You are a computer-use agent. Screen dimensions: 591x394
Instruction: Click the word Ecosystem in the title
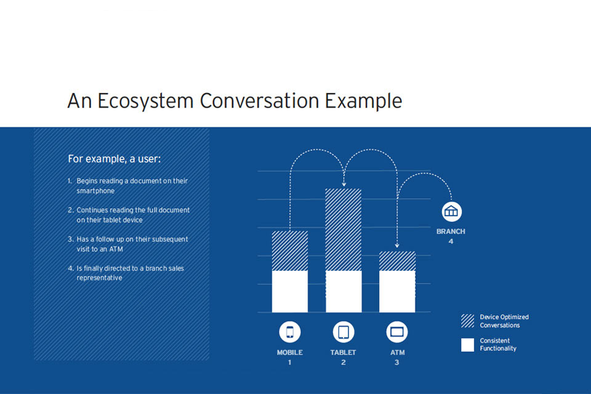tap(145, 101)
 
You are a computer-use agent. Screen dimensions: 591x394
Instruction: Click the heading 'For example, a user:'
tap(115, 159)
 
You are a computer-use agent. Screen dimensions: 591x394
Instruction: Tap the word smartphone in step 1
tap(95, 191)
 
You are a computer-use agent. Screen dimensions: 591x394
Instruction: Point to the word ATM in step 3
tap(116, 249)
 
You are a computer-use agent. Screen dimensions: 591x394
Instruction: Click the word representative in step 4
tap(100, 278)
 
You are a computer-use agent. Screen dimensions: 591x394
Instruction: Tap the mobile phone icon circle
tap(289, 332)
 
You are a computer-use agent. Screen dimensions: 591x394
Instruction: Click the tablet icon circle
tap(344, 332)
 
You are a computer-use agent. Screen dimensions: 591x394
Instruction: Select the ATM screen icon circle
tap(397, 332)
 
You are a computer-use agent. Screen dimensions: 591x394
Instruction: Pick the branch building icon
tap(451, 212)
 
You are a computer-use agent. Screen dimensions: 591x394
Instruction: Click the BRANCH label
tap(451, 231)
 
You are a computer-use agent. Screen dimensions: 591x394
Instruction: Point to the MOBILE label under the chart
tap(289, 353)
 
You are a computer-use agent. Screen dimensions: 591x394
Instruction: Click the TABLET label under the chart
tap(343, 353)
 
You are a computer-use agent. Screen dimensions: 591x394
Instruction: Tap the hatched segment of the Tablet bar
tap(344, 230)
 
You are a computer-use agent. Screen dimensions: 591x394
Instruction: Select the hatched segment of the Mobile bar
tap(290, 251)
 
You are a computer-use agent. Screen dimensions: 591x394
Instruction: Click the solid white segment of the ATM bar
tap(397, 291)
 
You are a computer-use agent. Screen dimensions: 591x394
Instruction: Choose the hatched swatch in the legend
tap(467, 321)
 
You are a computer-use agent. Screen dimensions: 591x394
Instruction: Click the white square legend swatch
tap(467, 345)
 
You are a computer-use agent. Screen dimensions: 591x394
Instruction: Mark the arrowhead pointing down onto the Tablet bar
tap(344, 184)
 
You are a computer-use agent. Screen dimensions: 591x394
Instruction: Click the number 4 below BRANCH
tap(451, 242)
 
